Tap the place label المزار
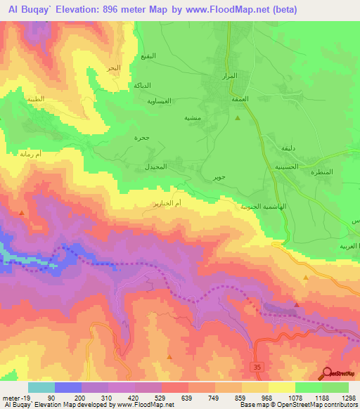[x=230, y=75]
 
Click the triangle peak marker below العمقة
[x=237, y=117]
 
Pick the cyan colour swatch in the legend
[x=41, y=387]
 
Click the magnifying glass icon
[x=327, y=374]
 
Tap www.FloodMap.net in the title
[x=221, y=9]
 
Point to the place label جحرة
[x=142, y=138]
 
